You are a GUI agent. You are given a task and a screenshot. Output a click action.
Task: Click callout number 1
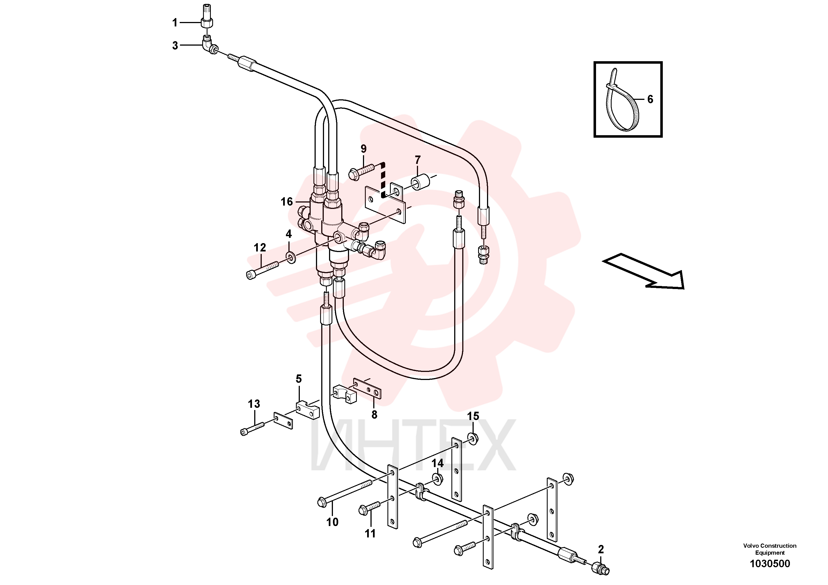[x=175, y=23]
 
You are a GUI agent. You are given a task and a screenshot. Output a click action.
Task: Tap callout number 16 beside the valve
[x=287, y=202]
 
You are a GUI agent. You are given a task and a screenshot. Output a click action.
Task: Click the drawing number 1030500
[x=770, y=564]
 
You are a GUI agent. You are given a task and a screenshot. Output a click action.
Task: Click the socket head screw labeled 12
[x=263, y=270]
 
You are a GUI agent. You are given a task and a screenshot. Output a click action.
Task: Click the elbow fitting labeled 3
[x=209, y=45]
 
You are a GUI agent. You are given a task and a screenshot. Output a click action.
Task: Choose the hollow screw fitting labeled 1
[x=207, y=16]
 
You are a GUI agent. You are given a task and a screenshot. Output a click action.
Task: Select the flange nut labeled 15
[x=473, y=438]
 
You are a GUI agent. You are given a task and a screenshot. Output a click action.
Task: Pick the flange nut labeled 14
[x=438, y=479]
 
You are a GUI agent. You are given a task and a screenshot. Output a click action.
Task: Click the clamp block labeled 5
[x=308, y=410]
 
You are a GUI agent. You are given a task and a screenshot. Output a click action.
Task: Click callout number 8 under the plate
[x=374, y=415]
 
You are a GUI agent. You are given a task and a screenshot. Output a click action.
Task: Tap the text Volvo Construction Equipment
[x=770, y=549]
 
